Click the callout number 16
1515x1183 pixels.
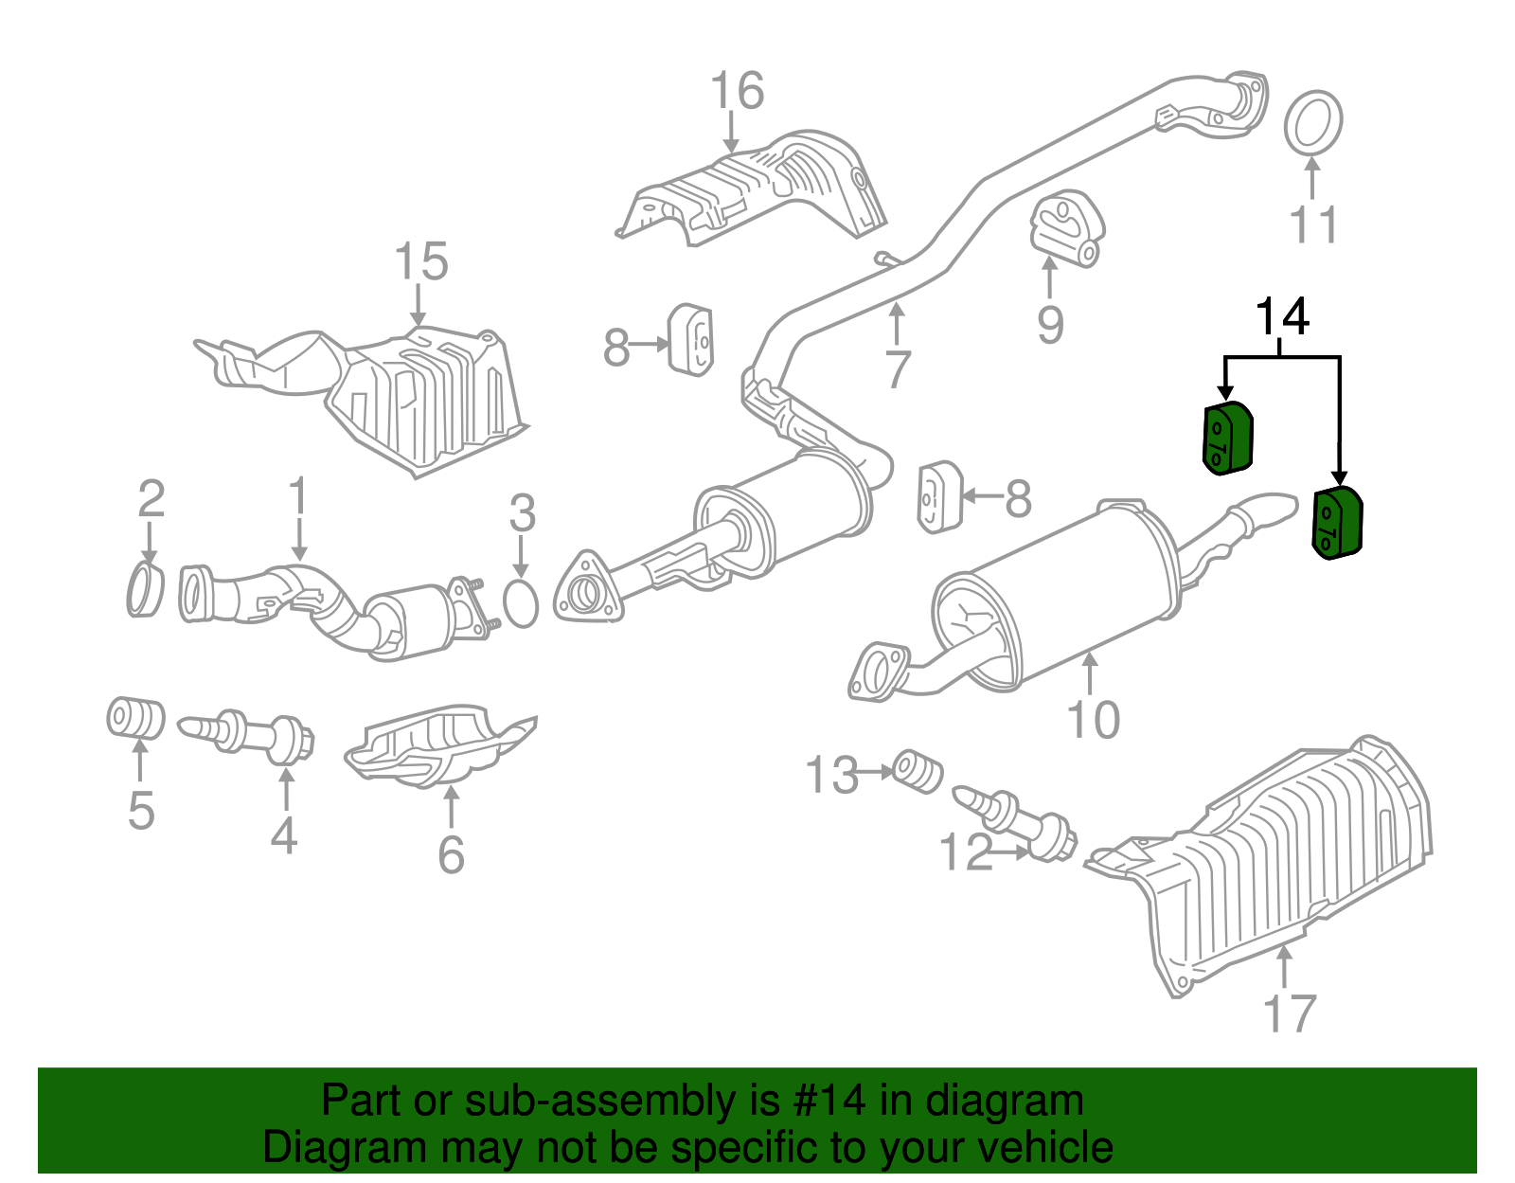click(x=737, y=92)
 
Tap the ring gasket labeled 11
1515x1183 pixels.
click(x=1313, y=121)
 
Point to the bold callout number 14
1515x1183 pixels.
click(x=1282, y=317)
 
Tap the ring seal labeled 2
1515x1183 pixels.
click(x=145, y=590)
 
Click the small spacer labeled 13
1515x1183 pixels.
click(x=918, y=770)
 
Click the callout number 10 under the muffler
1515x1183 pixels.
click(x=1093, y=720)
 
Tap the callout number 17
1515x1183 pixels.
click(x=1290, y=1013)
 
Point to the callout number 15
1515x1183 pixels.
click(x=420, y=262)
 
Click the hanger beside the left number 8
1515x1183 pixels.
click(x=691, y=340)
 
